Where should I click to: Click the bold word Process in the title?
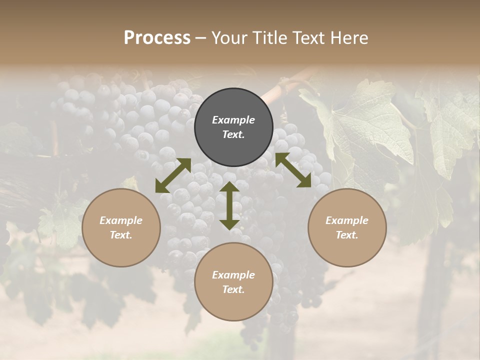[157, 37]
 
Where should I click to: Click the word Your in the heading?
[230, 37]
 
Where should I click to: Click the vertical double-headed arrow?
[229, 205]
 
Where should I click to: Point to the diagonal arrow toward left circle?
[173, 175]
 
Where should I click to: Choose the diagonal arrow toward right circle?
[293, 170]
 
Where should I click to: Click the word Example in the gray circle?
[233, 120]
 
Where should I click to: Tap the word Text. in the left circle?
[121, 235]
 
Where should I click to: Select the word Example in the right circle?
[347, 220]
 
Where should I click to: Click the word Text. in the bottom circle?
[233, 289]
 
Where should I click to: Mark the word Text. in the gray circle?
[233, 134]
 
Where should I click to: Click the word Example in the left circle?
[121, 220]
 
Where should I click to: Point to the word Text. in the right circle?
[347, 235]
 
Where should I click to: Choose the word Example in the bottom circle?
[233, 275]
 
